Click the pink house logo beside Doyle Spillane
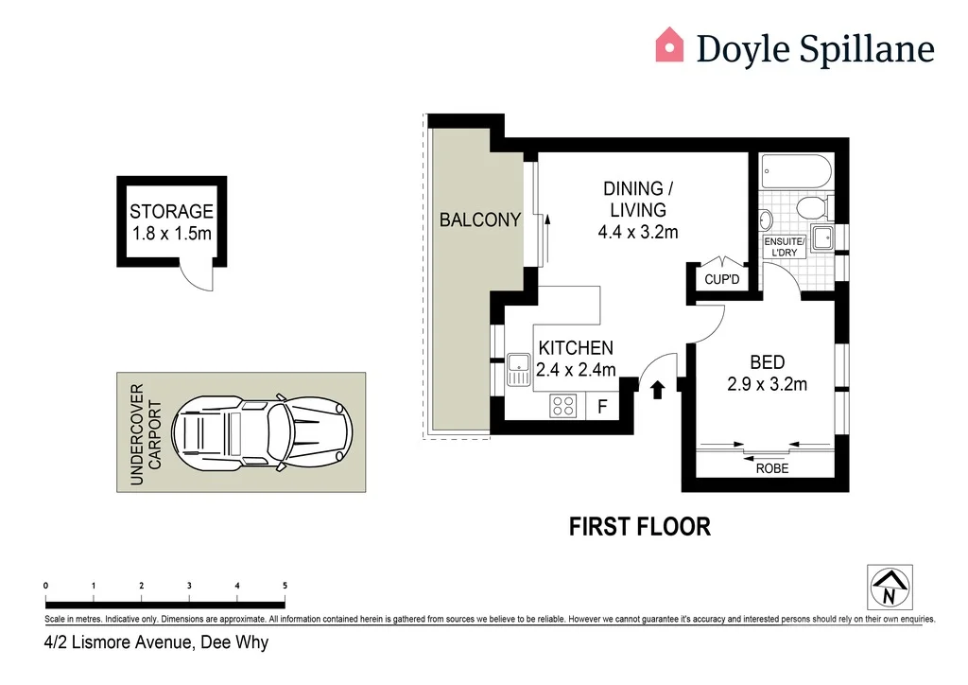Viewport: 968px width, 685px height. click(x=669, y=45)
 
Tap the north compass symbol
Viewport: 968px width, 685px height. click(x=889, y=587)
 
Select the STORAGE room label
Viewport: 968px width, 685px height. click(x=171, y=212)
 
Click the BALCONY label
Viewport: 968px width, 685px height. click(x=480, y=220)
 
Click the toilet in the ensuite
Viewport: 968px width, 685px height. click(x=812, y=207)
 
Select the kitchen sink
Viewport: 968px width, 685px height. click(x=519, y=367)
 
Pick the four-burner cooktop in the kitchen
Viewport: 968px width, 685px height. click(x=564, y=406)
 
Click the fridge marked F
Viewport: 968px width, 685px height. click(x=602, y=408)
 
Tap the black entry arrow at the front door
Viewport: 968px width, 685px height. click(x=658, y=388)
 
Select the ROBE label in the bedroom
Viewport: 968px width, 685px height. click(x=771, y=467)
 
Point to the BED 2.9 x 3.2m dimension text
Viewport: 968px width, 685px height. click(x=767, y=383)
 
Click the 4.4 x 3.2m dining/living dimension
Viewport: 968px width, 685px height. click(x=638, y=232)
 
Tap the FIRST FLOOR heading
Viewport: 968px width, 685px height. click(x=639, y=526)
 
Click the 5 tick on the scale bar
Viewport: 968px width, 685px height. click(x=285, y=587)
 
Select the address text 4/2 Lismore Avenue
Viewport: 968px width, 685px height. click(x=157, y=643)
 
